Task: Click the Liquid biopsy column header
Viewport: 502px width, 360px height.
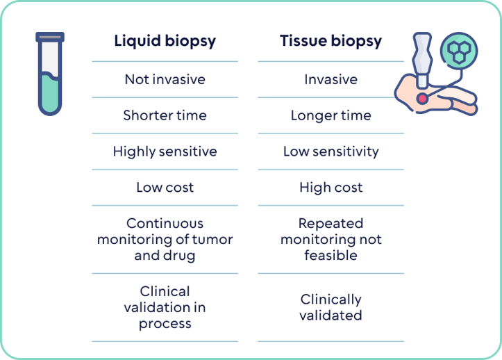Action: click(165, 41)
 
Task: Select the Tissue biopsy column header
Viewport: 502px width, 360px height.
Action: click(331, 41)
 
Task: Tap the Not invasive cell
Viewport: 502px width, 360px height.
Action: click(165, 79)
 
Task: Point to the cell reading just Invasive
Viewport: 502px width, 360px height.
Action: click(331, 79)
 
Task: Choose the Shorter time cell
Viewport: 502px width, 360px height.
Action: click(165, 115)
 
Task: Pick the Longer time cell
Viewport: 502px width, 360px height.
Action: click(331, 115)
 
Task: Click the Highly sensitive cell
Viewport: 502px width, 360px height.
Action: click(165, 152)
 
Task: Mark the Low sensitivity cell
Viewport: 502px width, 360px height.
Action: click(331, 152)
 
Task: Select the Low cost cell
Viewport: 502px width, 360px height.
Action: click(165, 188)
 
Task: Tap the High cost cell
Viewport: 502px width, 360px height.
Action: click(331, 188)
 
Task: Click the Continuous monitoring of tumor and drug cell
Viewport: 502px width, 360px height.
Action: click(165, 239)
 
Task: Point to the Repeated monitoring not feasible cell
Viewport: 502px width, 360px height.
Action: click(331, 239)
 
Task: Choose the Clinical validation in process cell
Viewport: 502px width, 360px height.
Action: click(165, 307)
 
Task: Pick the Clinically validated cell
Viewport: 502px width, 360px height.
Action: click(331, 307)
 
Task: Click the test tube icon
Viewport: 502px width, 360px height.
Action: click(50, 73)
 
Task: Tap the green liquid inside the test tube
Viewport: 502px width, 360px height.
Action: click(50, 94)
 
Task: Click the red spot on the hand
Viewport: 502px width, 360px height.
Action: click(421, 99)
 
